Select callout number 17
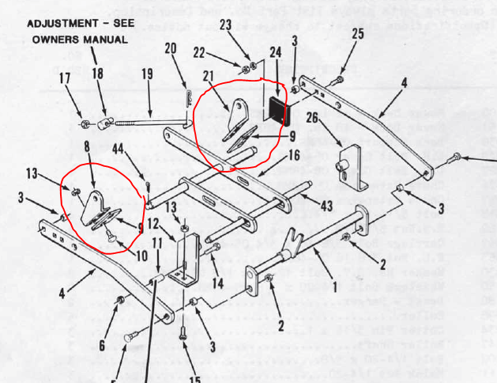pyautogui.click(x=64, y=78)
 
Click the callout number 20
pyautogui.click(x=171, y=49)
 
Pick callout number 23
pyautogui.click(x=225, y=25)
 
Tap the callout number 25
pyautogui.click(x=357, y=33)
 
